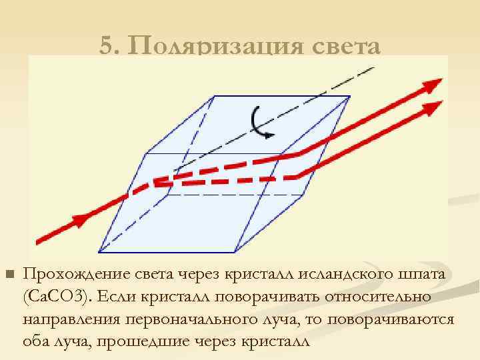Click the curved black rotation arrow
[x=261, y=123]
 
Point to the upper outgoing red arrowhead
[x=433, y=84]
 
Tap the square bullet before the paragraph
[x=9, y=275]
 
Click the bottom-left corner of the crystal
[x=99, y=252]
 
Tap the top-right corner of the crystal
[x=351, y=97]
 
